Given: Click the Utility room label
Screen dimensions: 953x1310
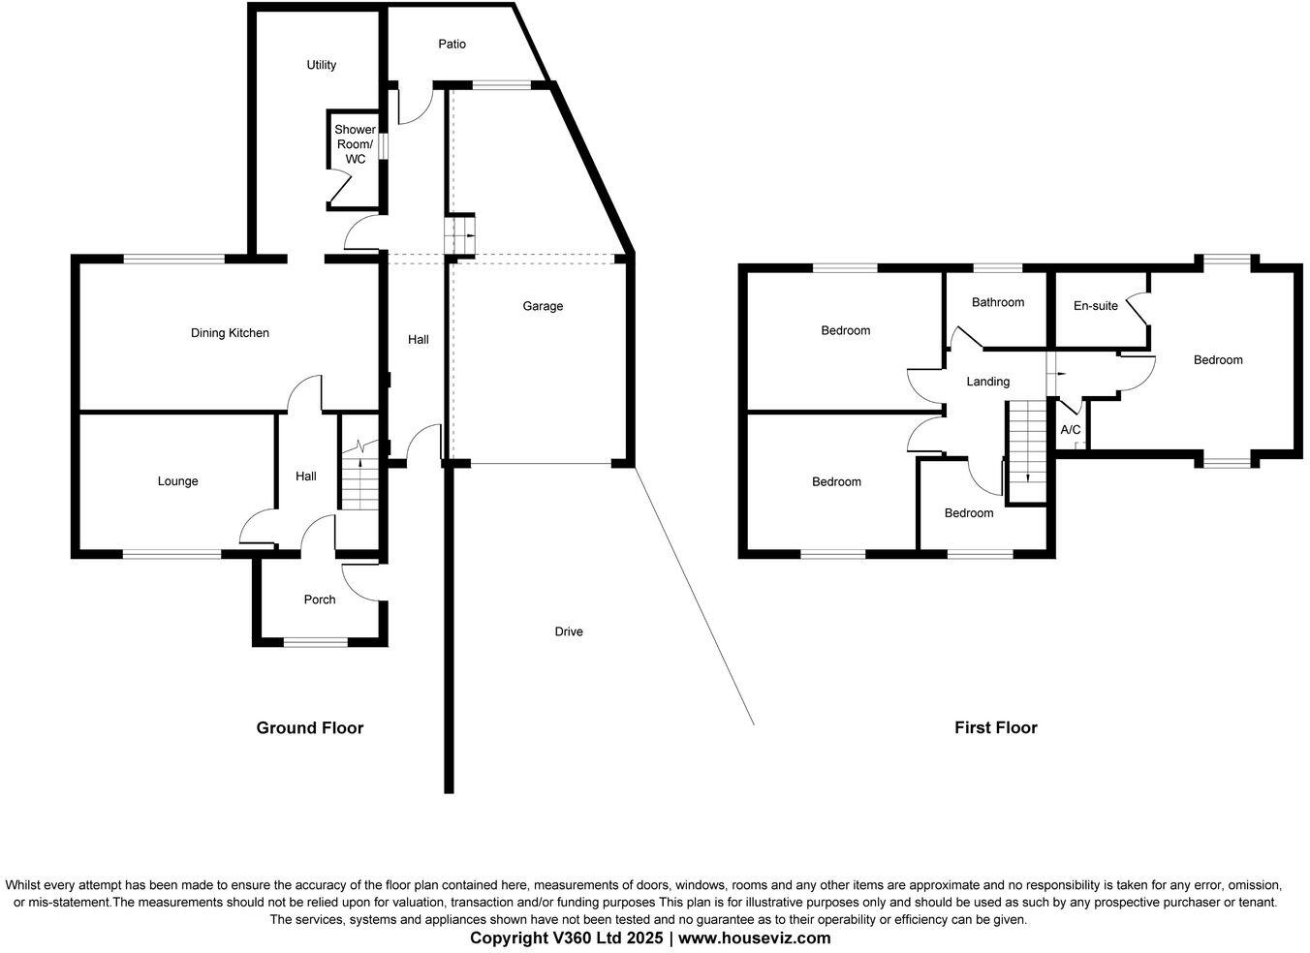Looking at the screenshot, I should click(x=321, y=65).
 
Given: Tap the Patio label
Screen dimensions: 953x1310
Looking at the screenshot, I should click(x=452, y=44).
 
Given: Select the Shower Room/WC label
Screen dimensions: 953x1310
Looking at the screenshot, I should click(x=355, y=144).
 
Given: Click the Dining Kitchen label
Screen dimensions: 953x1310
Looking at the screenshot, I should click(x=230, y=333).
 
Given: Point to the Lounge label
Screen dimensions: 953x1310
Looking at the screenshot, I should click(x=177, y=481).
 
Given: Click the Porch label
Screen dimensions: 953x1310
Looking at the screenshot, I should click(x=320, y=599).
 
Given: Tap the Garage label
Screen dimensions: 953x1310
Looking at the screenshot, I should click(x=543, y=306).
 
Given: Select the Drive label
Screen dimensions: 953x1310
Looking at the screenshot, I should click(x=569, y=631).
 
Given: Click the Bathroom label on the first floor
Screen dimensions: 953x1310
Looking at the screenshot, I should click(x=998, y=302).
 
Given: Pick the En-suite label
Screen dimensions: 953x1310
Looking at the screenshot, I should click(x=1096, y=306).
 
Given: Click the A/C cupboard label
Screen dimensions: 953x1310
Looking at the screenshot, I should click(x=1071, y=430).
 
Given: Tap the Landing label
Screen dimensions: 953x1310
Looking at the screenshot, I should click(x=988, y=382).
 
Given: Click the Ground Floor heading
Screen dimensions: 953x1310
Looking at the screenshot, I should click(x=309, y=727).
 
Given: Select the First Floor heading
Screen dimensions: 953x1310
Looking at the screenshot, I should click(x=995, y=727).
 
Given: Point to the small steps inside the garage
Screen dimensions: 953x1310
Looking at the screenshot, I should click(x=460, y=234).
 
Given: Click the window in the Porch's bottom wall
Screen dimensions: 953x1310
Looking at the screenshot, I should click(x=316, y=641).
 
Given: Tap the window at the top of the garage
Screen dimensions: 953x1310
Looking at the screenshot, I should click(x=502, y=85).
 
